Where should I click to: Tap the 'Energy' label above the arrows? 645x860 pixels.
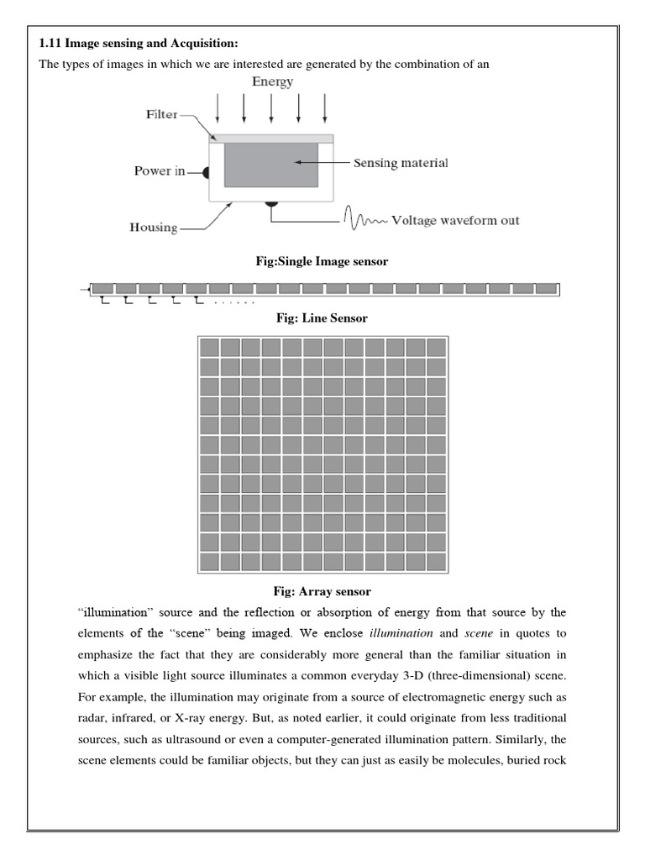pos(273,81)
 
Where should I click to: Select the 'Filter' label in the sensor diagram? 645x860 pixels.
pos(162,114)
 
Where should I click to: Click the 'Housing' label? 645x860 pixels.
pos(155,228)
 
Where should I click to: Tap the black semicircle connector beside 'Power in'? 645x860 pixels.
pos(205,172)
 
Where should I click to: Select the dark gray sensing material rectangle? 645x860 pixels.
pos(270,165)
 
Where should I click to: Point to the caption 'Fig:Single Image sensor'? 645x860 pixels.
pos(322,262)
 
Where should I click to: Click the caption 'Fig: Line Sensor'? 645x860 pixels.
pos(322,319)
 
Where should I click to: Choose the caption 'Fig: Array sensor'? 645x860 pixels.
pos(322,592)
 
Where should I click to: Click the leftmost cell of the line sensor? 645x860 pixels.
pos(103,289)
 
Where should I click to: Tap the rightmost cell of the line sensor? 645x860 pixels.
pos(546,289)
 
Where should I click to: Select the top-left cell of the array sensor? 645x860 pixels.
pos(209,348)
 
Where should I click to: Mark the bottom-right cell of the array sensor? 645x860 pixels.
pos(436,561)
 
